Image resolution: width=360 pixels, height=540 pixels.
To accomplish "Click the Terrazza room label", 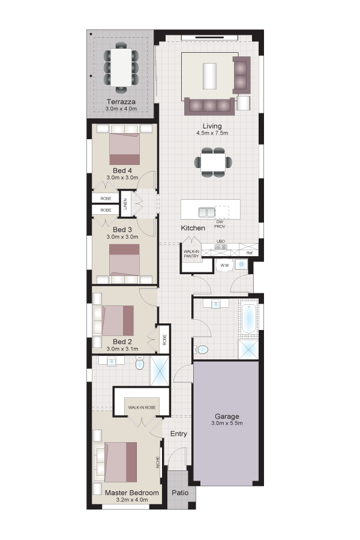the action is (121, 101).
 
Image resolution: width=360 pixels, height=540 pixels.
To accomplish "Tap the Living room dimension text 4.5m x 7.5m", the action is (212, 133).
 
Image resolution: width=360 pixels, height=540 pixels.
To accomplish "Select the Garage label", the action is (227, 416).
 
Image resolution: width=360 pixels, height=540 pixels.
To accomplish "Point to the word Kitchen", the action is (193, 228).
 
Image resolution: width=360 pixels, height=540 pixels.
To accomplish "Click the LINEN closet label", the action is (125, 204).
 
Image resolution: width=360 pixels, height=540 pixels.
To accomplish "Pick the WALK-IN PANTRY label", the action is (191, 254).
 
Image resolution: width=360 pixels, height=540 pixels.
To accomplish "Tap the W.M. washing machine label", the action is (224, 266).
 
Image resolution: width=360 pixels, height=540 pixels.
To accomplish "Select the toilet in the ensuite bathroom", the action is (139, 364).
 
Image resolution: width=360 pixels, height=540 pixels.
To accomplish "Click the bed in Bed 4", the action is (125, 149).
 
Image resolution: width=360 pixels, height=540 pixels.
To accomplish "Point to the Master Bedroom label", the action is (132, 493).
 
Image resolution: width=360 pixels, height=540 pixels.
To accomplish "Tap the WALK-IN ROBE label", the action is (142, 407).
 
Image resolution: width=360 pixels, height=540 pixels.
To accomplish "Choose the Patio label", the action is (180, 493).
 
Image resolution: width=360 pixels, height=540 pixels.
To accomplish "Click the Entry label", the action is (178, 434).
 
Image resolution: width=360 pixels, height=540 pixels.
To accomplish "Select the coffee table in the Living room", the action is (210, 76).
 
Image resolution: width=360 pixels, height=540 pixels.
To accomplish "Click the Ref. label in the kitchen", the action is (250, 253).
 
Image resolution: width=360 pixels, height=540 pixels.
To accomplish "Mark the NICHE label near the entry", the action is (158, 463).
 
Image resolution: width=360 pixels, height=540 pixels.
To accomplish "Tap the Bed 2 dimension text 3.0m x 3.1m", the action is (122, 349).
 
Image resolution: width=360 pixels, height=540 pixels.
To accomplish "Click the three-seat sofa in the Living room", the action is (209, 106).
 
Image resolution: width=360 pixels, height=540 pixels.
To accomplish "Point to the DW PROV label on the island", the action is (220, 224).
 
